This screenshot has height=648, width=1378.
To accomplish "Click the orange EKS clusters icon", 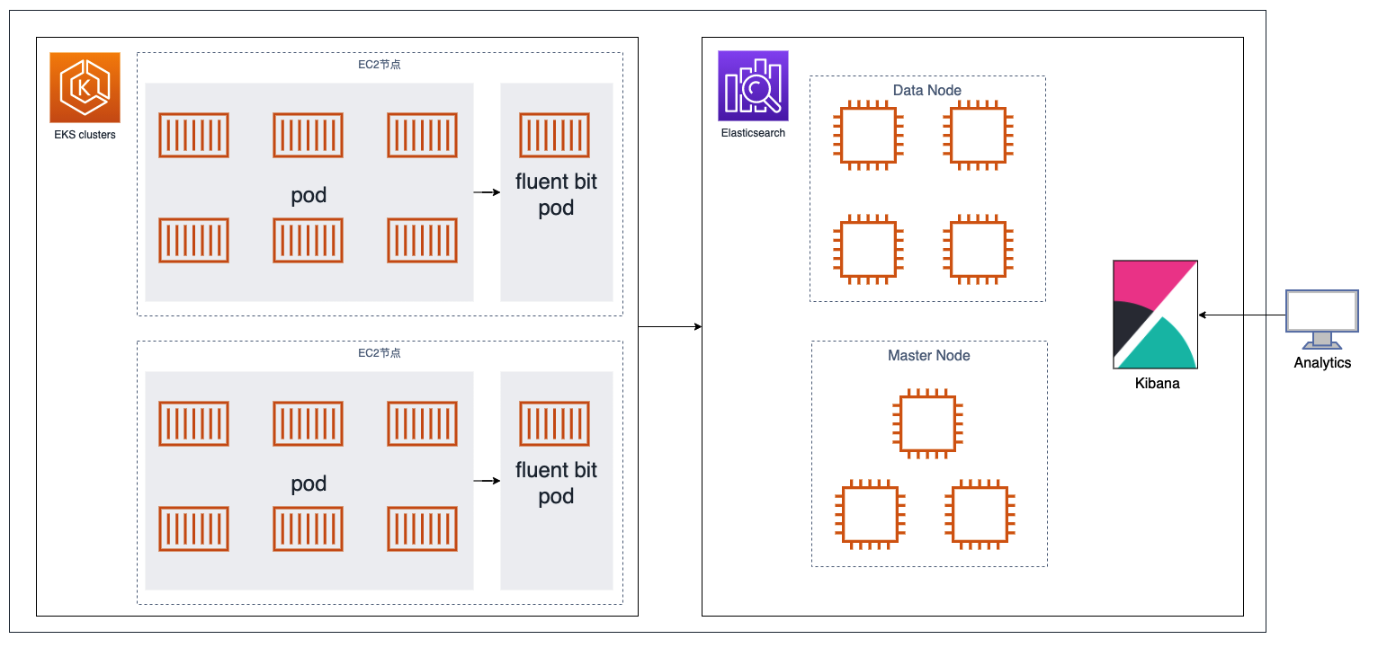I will [85, 87].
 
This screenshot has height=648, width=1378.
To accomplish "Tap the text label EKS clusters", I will [85, 135].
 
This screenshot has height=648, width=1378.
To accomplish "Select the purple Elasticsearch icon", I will [753, 85].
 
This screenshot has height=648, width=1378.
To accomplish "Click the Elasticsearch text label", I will [753, 133].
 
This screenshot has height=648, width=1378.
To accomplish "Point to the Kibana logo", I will [1155, 315].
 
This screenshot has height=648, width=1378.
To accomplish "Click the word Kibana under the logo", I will [1157, 383].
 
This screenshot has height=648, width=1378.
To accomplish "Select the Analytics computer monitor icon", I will [1321, 319].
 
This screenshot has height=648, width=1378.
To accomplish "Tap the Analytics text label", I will [1322, 363].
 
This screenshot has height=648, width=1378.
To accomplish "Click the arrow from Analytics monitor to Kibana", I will [1241, 315].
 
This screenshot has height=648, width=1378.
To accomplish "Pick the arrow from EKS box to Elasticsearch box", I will [669, 326].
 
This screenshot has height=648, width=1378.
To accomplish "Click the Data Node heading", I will [927, 91].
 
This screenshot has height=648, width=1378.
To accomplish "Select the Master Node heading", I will [929, 356].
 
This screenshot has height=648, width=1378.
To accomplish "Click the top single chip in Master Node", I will [928, 424].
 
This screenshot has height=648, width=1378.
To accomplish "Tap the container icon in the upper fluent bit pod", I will [555, 136].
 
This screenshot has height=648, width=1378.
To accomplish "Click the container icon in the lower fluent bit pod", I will [555, 423].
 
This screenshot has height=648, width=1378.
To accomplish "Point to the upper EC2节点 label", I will [380, 65].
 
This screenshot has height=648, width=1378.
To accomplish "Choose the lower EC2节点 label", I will [380, 353].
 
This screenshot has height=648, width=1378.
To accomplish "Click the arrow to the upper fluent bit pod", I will [487, 192].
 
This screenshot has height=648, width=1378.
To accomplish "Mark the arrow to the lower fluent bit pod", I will [487, 481].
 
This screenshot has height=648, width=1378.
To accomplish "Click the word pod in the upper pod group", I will [309, 195].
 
